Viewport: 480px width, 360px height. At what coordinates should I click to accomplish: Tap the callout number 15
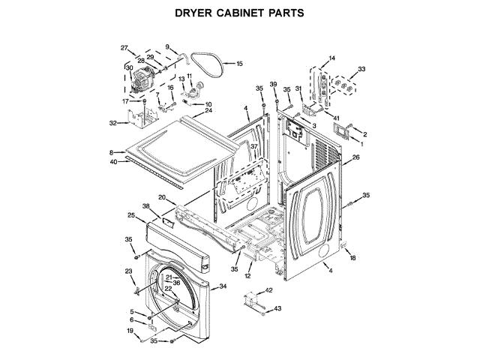pos(240,64)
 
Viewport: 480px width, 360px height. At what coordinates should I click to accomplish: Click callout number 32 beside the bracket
pos(113,123)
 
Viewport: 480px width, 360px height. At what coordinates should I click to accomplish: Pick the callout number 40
pos(113,161)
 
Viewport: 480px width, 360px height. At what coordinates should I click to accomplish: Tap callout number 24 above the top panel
pos(208,111)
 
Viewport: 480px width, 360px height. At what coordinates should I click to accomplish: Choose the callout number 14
pos(332,58)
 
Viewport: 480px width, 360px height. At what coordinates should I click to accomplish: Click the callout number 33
pos(362,69)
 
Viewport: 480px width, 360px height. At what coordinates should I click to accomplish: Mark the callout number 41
pos(337,118)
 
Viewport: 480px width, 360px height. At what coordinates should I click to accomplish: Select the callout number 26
pos(356,157)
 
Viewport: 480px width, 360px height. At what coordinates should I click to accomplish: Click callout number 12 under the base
pos(247,276)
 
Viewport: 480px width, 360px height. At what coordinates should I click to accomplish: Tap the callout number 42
pos(269,290)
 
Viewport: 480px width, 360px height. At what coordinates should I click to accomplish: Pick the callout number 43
pos(277,308)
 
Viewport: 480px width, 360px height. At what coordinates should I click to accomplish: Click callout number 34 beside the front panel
pos(222,286)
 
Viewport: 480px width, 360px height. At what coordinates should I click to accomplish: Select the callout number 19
pos(128,331)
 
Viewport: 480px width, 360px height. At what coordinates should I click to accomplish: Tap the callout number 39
pos(274,83)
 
